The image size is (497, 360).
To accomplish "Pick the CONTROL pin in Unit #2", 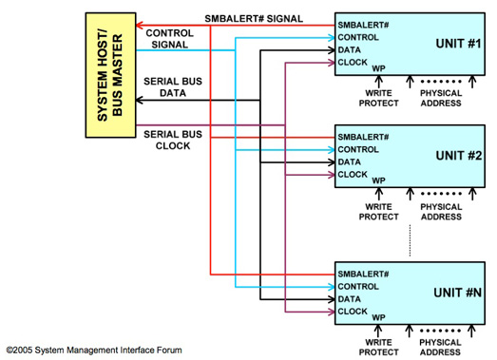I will point(359,149).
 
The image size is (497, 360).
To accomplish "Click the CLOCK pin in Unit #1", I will point(353,63).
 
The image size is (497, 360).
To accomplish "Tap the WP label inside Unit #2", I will point(378,180).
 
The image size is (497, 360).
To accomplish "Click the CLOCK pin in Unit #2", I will point(353,174).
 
